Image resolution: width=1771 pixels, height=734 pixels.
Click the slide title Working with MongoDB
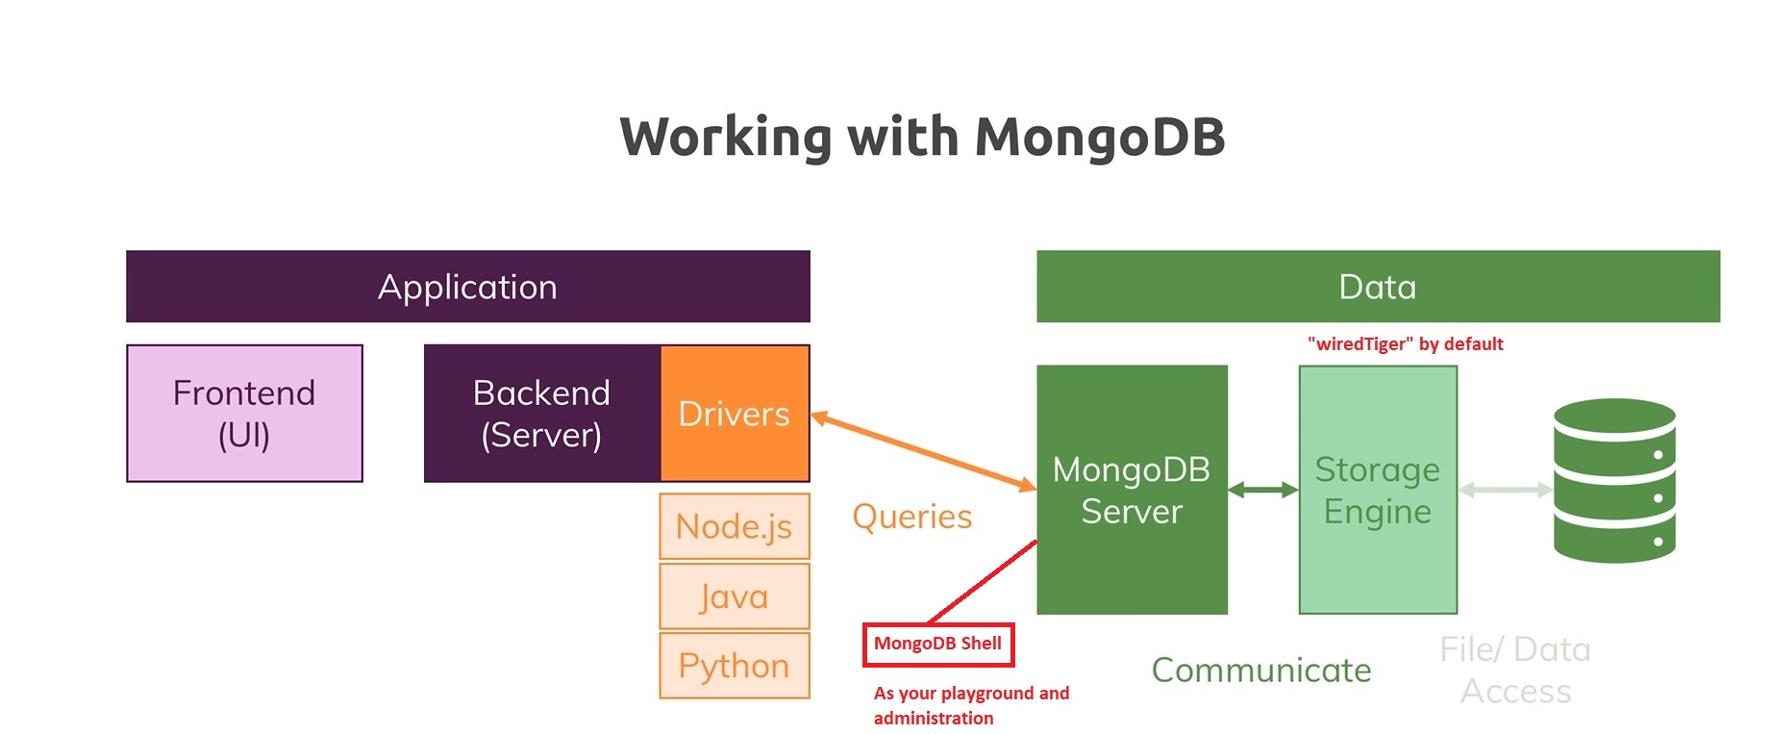(922, 137)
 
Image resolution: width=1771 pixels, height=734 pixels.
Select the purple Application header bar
(467, 287)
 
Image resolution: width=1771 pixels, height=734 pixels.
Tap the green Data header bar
(1377, 287)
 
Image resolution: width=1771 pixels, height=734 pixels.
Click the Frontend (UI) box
(244, 414)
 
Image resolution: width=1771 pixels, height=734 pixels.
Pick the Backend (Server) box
(541, 414)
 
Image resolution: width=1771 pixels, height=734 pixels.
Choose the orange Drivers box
(735, 414)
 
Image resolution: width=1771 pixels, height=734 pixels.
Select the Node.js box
(735, 526)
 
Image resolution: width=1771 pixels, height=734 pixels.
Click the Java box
(735, 596)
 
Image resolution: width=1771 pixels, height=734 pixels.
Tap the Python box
(735, 666)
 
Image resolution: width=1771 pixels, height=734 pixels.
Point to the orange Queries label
(911, 517)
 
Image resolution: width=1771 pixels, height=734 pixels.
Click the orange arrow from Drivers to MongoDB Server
(923, 452)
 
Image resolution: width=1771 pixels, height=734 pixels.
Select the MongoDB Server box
(1132, 490)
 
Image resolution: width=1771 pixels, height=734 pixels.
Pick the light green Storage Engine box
(1377, 490)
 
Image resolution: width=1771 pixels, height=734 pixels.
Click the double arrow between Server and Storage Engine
(1262, 491)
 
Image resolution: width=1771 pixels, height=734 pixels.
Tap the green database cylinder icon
(1614, 480)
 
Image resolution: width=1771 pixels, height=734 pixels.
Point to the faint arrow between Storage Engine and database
(1505, 491)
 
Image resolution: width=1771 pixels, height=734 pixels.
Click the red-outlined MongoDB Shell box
(937, 644)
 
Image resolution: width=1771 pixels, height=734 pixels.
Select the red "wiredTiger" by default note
(1405, 344)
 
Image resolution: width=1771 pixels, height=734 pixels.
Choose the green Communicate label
(1261, 671)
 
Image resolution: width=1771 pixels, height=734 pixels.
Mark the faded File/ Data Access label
(1515, 671)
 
